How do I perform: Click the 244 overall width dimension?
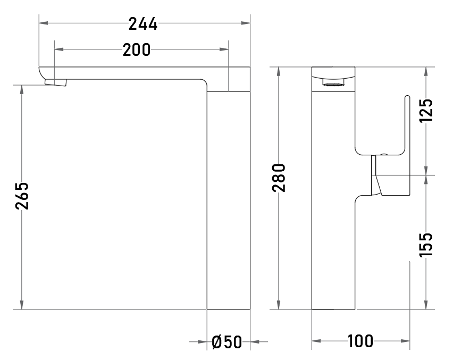click(x=143, y=24)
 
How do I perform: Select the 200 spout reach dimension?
click(x=137, y=49)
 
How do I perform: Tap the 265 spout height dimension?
click(x=22, y=196)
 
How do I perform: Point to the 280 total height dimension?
click(x=279, y=178)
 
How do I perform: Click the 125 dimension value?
click(x=426, y=111)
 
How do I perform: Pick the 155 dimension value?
click(x=426, y=245)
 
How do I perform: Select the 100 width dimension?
click(x=360, y=341)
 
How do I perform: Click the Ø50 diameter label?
click(x=227, y=342)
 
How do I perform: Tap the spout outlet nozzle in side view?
click(x=55, y=82)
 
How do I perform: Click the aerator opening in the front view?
click(x=333, y=85)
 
